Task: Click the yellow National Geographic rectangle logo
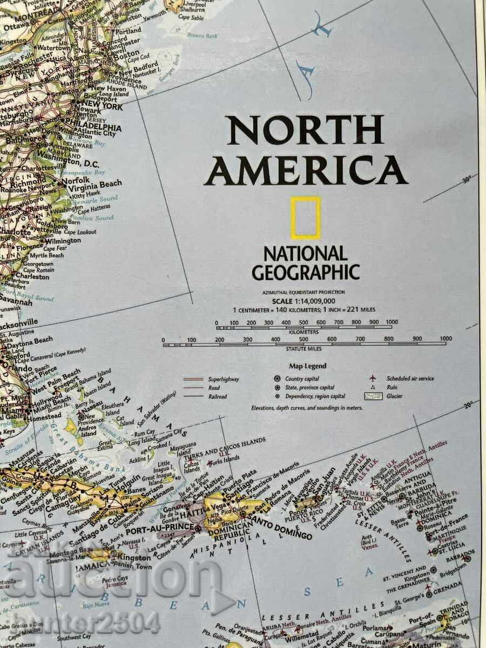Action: pos(306,218)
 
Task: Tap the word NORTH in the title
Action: pos(305,130)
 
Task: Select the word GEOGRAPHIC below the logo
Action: pos(306,272)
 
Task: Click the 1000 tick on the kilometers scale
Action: pos(392,322)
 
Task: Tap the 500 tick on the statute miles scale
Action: pos(303,340)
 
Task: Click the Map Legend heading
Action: pos(307,366)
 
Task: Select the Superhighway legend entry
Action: pos(223,379)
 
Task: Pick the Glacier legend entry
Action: pos(394,396)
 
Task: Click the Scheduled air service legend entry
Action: pos(410,379)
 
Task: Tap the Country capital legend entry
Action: pos(302,379)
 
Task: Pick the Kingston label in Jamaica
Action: pos(135,557)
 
